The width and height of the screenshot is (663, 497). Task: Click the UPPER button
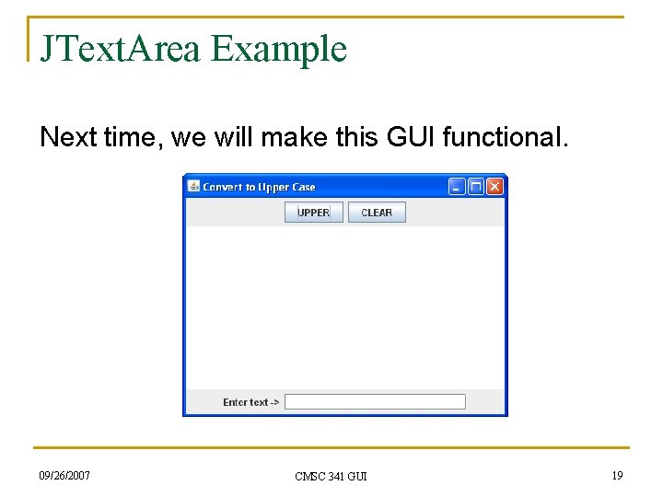(313, 213)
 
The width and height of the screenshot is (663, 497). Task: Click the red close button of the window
(494, 187)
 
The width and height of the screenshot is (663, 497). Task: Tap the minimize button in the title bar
(457, 187)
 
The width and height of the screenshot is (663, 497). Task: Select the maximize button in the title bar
(476, 187)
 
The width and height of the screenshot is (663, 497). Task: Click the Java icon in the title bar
(193, 187)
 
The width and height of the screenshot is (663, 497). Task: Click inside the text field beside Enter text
(375, 402)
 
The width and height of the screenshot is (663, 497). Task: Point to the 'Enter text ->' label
(250, 402)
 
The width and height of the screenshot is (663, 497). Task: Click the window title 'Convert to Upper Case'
(259, 187)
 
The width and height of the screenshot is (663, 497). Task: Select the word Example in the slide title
(278, 49)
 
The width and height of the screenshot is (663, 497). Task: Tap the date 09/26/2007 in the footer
(64, 475)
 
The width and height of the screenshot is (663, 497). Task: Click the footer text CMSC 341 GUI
(331, 476)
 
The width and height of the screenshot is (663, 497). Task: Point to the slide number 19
(617, 475)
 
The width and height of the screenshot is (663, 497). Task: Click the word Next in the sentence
(67, 138)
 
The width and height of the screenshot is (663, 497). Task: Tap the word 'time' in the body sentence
(130, 138)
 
